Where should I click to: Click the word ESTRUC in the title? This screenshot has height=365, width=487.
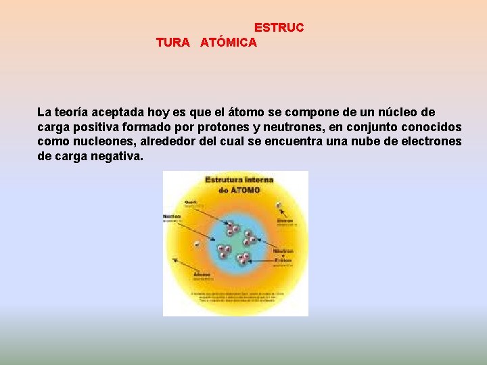(279, 28)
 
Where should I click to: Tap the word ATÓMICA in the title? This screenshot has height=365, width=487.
(229, 43)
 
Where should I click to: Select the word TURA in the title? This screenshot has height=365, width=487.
(172, 43)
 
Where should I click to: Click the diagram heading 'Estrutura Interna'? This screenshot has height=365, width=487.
(239, 180)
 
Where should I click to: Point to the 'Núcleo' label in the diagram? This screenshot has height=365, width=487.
(172, 217)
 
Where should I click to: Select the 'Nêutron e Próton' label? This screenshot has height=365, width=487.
(283, 254)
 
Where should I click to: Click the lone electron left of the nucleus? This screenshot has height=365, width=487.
(197, 243)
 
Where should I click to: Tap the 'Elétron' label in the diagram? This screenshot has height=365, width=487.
(285, 220)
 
